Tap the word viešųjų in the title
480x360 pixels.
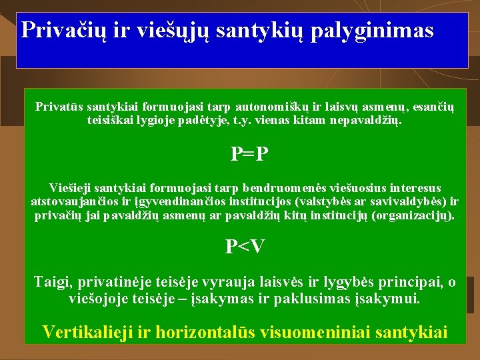175,31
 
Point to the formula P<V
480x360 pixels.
245,247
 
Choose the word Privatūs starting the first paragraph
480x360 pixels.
59,106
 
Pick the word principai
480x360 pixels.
405,282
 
